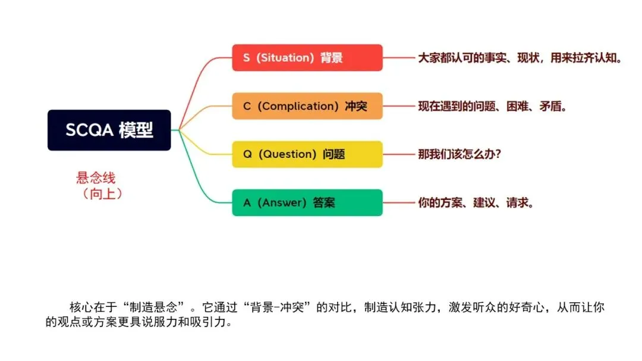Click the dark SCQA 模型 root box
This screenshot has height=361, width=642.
coord(109,130)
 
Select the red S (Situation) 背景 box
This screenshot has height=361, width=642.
coord(307,58)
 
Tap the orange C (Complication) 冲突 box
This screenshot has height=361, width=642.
coord(307,106)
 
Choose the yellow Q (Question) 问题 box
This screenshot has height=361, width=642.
coord(307,154)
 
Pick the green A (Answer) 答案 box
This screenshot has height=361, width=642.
coord(307,202)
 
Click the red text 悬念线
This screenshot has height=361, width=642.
coord(96,177)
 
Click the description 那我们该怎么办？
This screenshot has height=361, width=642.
coord(460,154)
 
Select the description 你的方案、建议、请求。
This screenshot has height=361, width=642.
coord(476,202)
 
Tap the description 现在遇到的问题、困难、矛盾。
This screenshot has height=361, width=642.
coord(493,106)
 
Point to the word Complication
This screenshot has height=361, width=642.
coord(300,106)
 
